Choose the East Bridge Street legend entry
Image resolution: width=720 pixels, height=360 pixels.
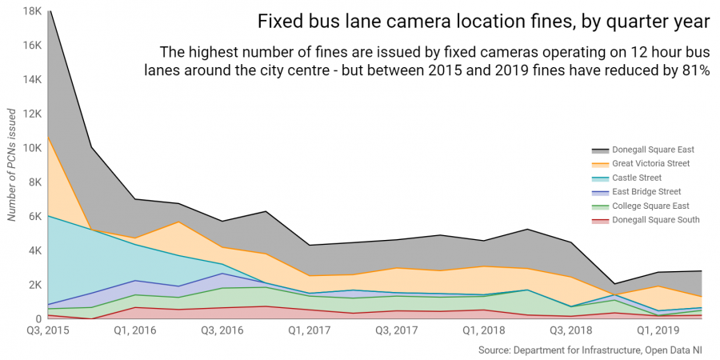(646, 191)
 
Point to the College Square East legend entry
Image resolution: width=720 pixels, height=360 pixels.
(650, 206)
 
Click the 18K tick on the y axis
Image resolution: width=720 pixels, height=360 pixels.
(31, 11)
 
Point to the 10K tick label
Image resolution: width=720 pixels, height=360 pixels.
(31, 148)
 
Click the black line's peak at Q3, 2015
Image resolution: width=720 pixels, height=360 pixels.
(50, 11)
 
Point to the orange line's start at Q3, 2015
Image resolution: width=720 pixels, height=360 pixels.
(50, 137)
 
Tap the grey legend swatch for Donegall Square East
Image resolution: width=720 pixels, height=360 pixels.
(600, 150)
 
